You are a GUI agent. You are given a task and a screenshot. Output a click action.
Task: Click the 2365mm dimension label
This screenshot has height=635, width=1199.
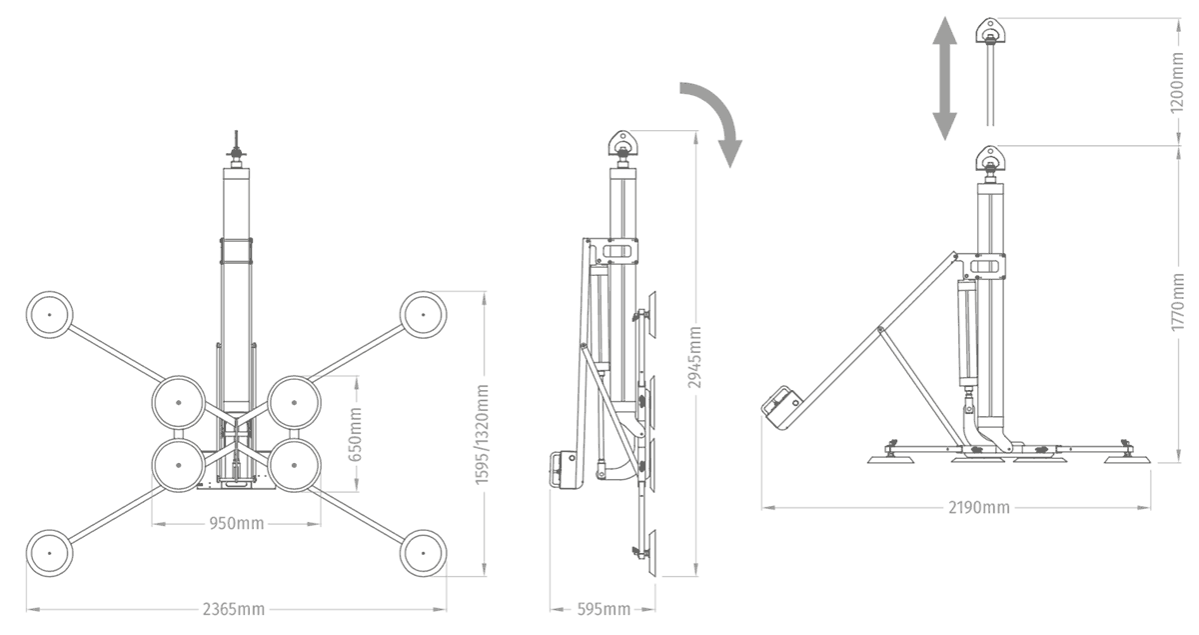234,609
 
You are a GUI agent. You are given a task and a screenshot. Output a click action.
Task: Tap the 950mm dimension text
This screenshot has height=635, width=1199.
237,523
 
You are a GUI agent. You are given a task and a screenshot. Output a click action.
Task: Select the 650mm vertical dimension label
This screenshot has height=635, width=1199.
355,434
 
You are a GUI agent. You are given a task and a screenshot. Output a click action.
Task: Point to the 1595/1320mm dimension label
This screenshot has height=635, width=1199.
482,434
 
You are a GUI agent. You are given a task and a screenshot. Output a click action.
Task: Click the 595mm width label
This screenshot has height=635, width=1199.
603,609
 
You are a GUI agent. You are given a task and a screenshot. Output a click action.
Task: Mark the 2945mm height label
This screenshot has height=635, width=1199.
694,357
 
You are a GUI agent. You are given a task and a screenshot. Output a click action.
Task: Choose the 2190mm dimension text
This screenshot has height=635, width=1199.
979,507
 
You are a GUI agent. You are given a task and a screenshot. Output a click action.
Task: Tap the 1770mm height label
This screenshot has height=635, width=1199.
1177,302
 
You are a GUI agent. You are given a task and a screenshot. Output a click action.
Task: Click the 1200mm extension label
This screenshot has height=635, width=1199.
1177,83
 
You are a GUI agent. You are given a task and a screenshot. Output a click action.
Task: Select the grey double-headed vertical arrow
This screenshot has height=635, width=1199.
945,78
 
